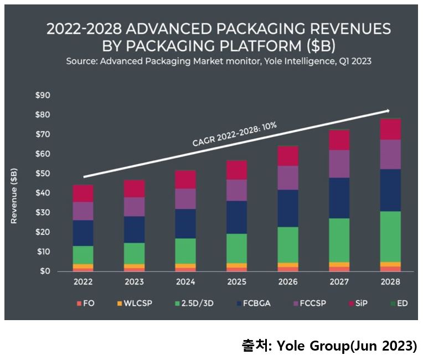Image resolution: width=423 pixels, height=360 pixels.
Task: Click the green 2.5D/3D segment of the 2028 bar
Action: [390, 236]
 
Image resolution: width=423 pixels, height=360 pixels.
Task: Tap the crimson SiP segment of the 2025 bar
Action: [237, 170]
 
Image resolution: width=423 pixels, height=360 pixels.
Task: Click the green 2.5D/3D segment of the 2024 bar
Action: [186, 251]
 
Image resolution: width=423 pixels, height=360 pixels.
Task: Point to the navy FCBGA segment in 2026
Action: [288, 208]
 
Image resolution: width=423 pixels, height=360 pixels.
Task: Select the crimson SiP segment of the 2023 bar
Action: [135, 189]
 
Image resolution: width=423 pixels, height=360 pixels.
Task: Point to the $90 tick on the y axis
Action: [42, 95]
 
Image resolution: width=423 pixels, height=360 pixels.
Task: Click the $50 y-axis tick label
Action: [42, 173]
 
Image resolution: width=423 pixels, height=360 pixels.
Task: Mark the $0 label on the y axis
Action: [44, 271]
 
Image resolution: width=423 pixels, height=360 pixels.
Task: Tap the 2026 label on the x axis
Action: [288, 282]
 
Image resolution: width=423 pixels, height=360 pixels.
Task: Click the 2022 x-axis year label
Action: [83, 282]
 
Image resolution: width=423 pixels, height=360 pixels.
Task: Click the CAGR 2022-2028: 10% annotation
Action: [235, 135]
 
